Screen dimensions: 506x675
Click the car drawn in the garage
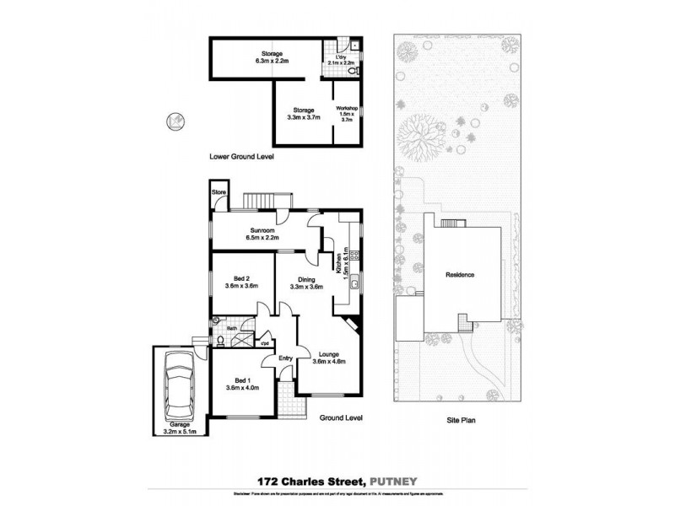(x=177, y=386)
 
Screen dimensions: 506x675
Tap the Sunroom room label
(x=264, y=234)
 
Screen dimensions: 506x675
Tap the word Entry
(x=286, y=358)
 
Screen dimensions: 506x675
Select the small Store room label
(x=219, y=193)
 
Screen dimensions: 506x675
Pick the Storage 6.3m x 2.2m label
(x=272, y=57)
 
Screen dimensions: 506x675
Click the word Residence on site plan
(x=461, y=275)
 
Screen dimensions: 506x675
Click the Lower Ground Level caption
(x=240, y=157)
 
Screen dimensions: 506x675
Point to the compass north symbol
(x=175, y=121)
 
